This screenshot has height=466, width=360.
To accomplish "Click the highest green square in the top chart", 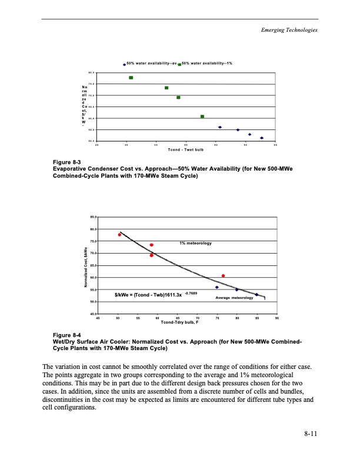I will (131, 78).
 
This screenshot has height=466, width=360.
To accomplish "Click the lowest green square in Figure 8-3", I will (202, 116).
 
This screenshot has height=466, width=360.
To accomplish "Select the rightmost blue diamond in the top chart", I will (262, 138).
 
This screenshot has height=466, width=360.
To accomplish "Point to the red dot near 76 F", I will (223, 275).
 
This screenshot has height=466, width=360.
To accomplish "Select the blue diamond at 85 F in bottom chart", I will (256, 294).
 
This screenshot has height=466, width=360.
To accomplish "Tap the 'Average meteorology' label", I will (234, 298).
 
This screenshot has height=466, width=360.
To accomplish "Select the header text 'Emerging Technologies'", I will (289, 30).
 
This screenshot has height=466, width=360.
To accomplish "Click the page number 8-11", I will (311, 434).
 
